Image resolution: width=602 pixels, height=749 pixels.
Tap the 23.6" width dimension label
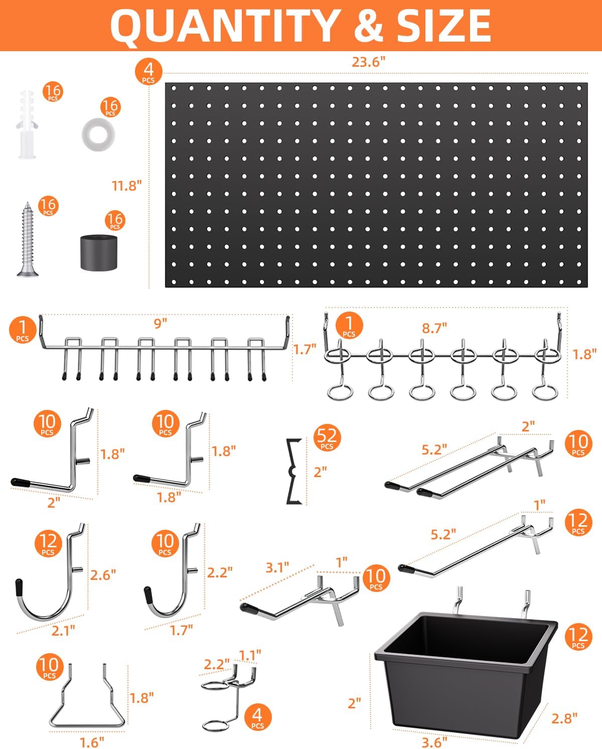click(368, 62)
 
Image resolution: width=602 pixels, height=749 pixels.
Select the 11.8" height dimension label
click(126, 186)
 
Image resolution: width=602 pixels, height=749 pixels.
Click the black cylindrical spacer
click(99, 252)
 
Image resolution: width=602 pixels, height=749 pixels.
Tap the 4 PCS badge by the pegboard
click(148, 71)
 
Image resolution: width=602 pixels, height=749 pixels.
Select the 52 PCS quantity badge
click(327, 438)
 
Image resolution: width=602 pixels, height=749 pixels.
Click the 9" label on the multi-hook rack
click(160, 324)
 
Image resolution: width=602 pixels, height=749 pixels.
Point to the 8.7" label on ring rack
click(434, 328)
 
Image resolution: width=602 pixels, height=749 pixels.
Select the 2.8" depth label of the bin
click(564, 718)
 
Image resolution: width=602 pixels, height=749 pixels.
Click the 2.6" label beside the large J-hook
click(103, 575)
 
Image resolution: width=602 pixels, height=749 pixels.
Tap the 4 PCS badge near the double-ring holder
click(257, 716)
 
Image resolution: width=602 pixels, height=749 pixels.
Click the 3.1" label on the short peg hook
click(277, 567)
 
